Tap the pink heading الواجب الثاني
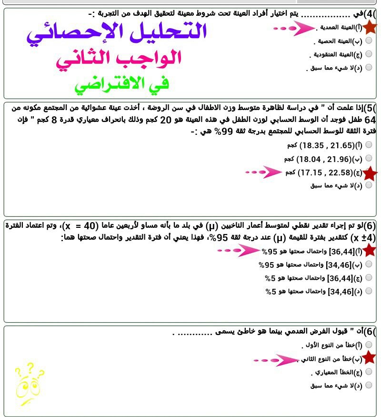(119, 59)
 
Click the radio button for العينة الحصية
(369, 41)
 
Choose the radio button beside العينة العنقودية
(369, 54)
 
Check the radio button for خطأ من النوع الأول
(369, 344)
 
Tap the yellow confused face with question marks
(29, 381)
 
